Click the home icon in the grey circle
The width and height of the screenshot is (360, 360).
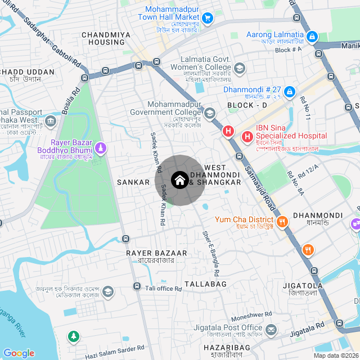tap(179, 181)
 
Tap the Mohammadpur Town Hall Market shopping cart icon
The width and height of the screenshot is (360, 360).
tap(208, 18)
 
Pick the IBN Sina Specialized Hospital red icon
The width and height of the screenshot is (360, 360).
tap(247, 136)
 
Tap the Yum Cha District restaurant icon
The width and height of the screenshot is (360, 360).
tap(282, 222)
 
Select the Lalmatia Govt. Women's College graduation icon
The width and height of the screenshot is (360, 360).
tap(240, 68)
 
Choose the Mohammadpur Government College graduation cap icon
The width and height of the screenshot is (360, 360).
tap(210, 113)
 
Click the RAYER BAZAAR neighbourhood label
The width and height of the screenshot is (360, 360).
tap(150, 253)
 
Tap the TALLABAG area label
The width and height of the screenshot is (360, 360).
tap(205, 284)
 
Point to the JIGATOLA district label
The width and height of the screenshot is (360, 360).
tap(303, 286)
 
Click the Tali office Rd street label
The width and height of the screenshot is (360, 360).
tap(164, 289)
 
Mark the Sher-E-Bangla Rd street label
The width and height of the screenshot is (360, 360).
tap(209, 252)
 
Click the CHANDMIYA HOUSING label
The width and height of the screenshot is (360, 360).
tap(106, 38)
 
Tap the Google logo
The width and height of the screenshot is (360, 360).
tap(19, 353)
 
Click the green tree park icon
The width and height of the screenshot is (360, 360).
tap(73, 336)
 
